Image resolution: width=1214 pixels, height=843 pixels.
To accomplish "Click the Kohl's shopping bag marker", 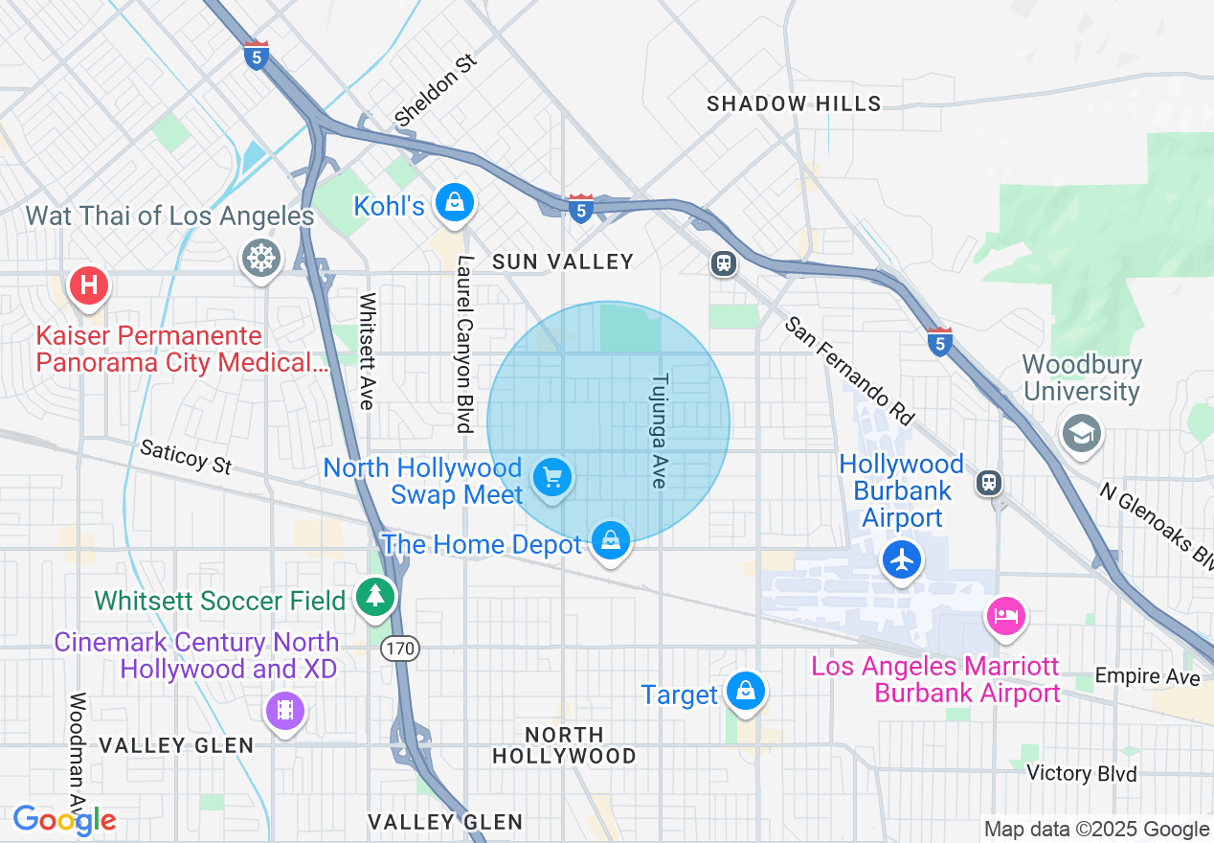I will click(x=455, y=202).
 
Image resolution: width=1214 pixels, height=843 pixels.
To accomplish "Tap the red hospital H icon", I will click(x=89, y=285).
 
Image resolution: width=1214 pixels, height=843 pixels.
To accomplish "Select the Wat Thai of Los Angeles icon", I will click(x=261, y=257).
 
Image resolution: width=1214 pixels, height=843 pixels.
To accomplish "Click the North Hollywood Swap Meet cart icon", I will click(x=551, y=476).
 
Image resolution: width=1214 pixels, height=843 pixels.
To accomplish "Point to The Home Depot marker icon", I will click(x=611, y=542).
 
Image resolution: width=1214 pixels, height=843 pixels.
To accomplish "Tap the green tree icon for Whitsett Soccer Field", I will click(x=375, y=597).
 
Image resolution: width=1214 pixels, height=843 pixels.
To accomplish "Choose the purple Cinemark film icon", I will click(x=285, y=710).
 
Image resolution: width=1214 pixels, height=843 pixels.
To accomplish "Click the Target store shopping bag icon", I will click(x=745, y=691).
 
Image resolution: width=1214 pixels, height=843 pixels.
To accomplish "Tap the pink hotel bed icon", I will click(x=1005, y=615).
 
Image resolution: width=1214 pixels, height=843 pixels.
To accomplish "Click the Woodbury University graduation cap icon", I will click(x=1081, y=434).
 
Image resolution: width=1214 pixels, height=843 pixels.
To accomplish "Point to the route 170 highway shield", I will click(x=399, y=649).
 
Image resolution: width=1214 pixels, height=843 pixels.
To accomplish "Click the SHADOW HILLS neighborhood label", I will click(x=794, y=103).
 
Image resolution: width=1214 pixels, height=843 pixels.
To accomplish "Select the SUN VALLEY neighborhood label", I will click(x=562, y=262).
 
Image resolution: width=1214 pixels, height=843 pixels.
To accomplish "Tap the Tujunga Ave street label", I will click(x=659, y=430).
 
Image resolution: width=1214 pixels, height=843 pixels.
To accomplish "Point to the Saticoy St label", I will click(x=186, y=457).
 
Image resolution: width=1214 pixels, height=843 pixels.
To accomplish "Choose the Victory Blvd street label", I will click(x=1082, y=773).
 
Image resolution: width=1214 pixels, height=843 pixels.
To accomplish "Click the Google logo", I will click(x=64, y=820).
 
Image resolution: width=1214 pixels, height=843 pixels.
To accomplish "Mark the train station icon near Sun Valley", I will click(x=724, y=263).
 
